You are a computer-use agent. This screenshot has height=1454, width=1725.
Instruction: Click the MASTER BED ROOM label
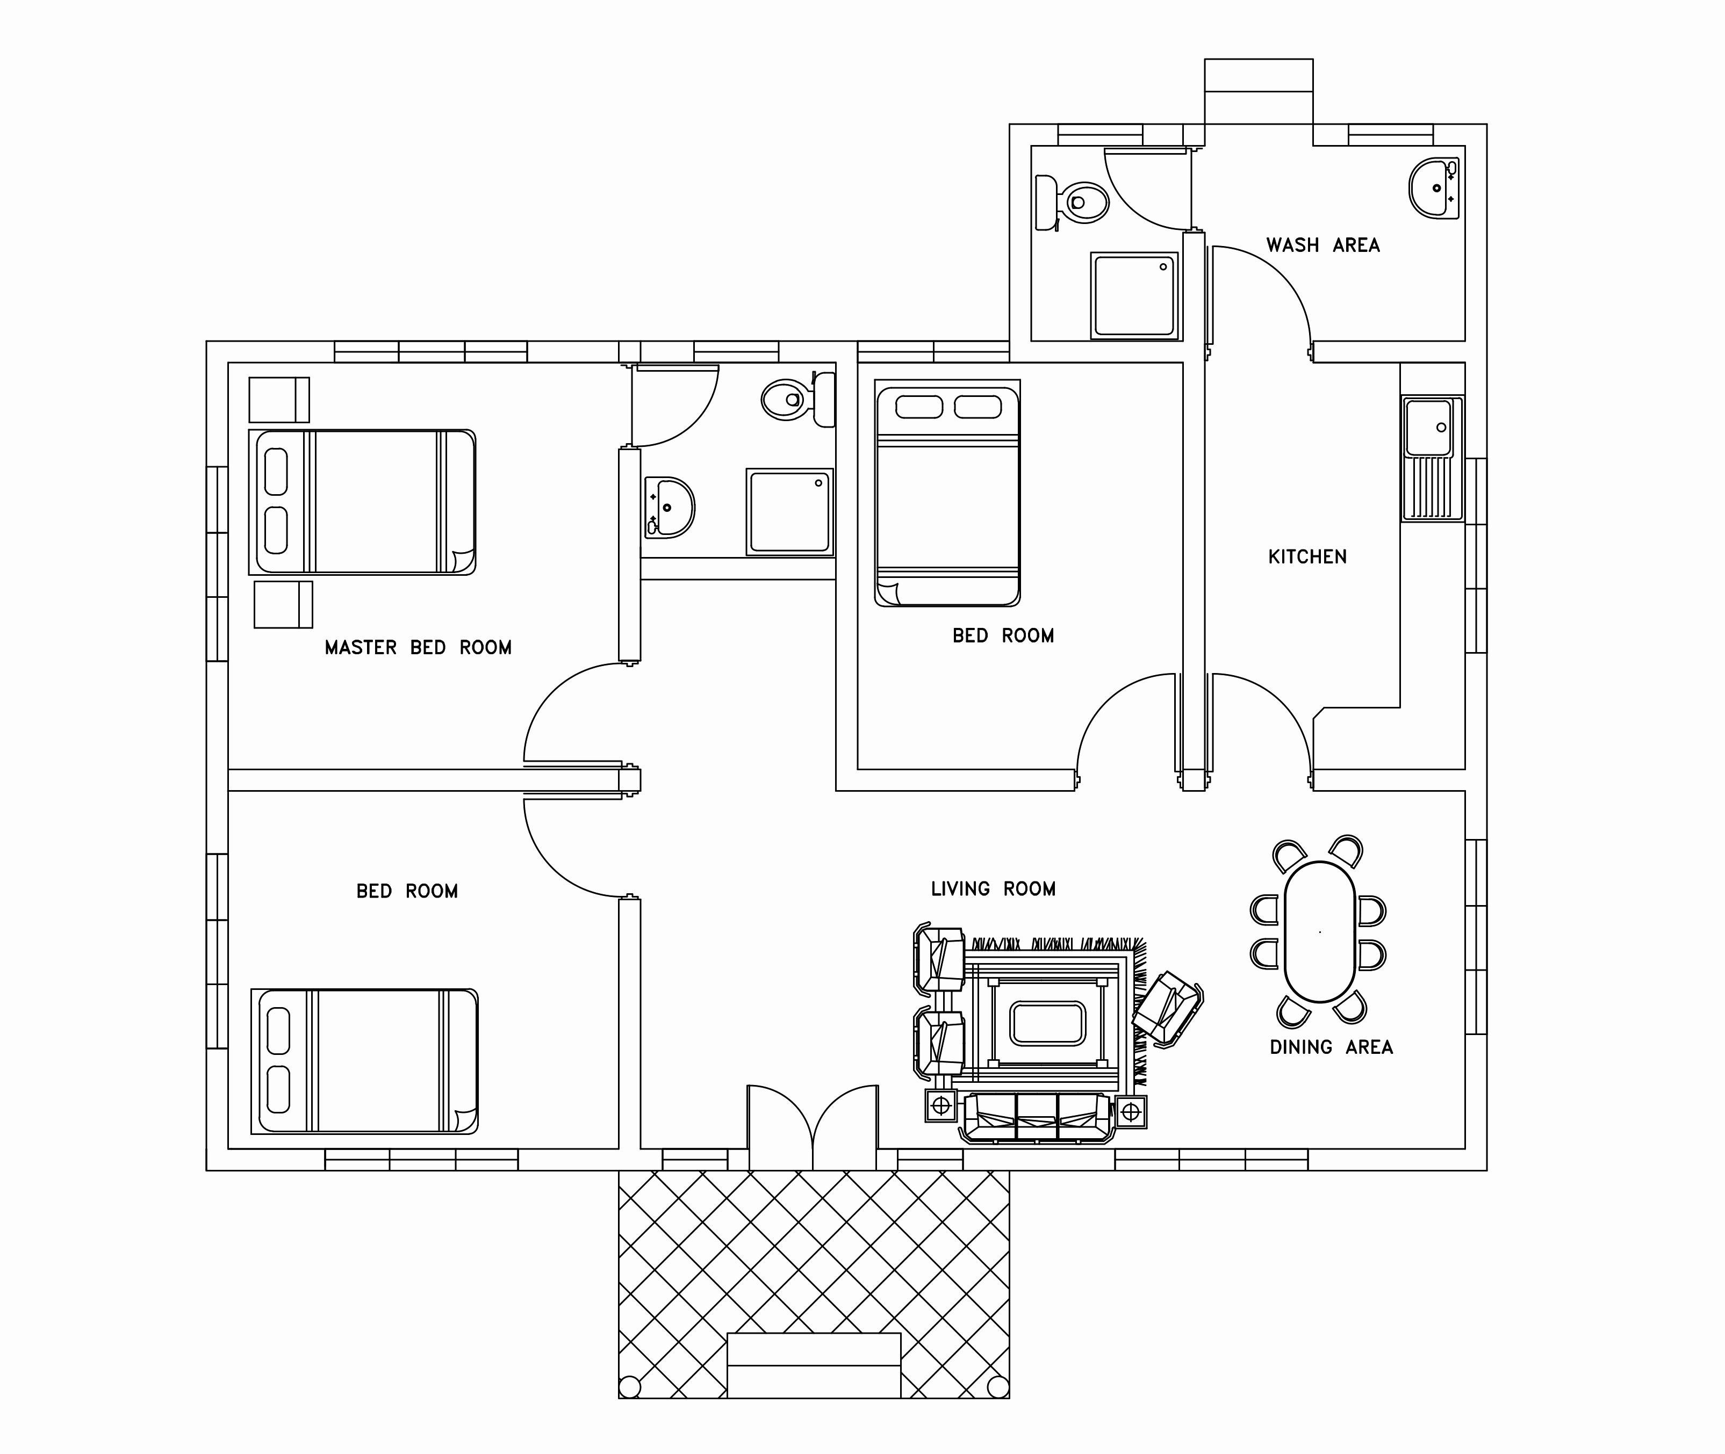[x=418, y=648]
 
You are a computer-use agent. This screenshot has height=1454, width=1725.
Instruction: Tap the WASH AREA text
[x=1322, y=245]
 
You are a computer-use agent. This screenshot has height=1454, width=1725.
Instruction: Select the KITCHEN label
[x=1307, y=557]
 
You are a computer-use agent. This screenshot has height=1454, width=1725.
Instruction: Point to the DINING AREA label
[x=1331, y=1047]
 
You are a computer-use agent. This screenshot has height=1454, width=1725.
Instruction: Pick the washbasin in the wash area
[x=1435, y=188]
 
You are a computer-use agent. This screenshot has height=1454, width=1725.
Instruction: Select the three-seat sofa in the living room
[x=1037, y=1118]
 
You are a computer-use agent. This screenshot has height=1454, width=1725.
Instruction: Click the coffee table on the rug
[x=1047, y=1023]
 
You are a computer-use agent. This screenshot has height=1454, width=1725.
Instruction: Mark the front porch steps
[x=813, y=1365]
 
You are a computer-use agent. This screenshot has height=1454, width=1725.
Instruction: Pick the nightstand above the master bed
[x=279, y=400]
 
